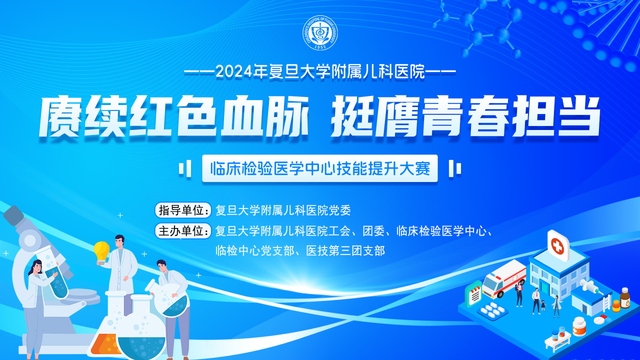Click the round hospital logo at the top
320,32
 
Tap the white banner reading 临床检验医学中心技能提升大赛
319,168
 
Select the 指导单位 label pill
183,210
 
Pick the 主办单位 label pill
183,230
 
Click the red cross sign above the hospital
557,246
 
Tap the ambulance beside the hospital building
504,279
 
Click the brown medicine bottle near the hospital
625,298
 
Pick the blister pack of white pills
492,309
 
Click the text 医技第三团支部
345,251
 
